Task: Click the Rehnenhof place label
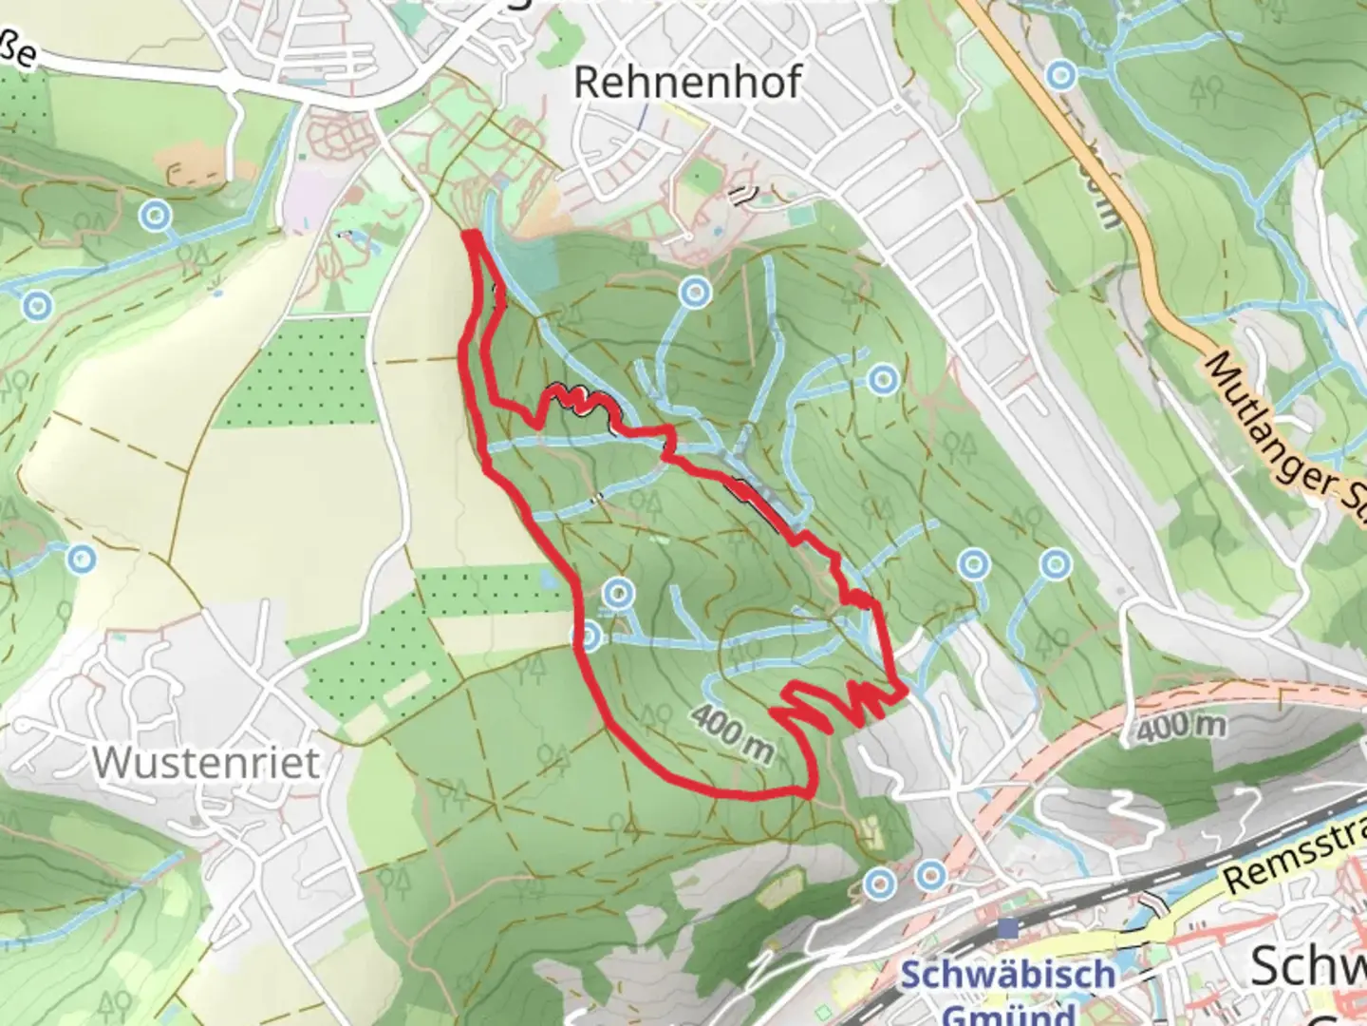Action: [687, 83]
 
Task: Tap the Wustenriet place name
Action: [207, 762]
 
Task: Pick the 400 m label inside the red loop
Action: [732, 732]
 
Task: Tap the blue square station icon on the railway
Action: [1008, 925]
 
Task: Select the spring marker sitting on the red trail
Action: [589, 636]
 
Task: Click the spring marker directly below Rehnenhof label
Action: [697, 291]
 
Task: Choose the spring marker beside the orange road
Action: [1060, 75]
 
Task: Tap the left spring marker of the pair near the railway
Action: [880, 883]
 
